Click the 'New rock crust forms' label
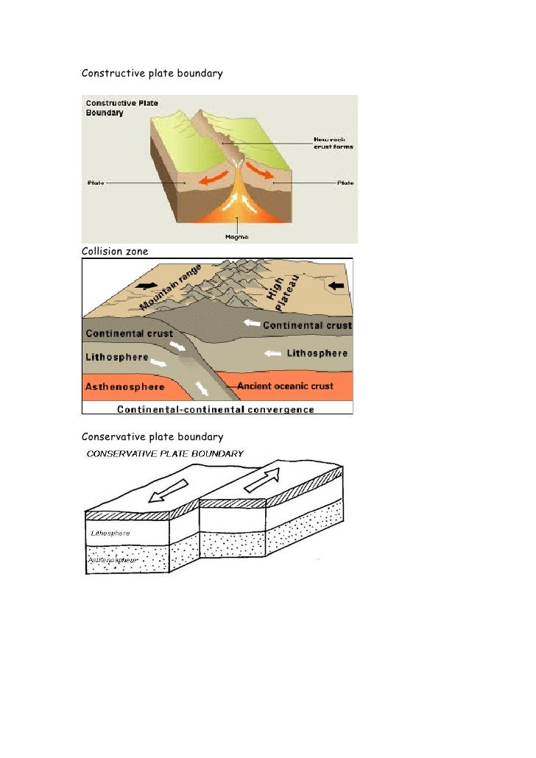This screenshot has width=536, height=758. pyautogui.click(x=334, y=143)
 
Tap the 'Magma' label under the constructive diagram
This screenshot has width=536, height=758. pyautogui.click(x=236, y=237)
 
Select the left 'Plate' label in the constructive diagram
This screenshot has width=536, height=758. pyautogui.click(x=96, y=183)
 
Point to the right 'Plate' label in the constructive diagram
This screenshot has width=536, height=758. pyautogui.click(x=345, y=183)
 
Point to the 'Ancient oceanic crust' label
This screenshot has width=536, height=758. pyautogui.click(x=285, y=386)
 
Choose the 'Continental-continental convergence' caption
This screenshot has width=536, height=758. pyautogui.click(x=215, y=410)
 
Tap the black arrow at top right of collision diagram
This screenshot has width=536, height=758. pyautogui.click(x=335, y=284)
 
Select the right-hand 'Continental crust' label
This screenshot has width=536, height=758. pyautogui.click(x=307, y=325)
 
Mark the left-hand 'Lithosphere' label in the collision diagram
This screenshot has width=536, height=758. pyautogui.click(x=117, y=357)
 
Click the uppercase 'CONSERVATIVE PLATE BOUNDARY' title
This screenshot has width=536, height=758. pyautogui.click(x=165, y=454)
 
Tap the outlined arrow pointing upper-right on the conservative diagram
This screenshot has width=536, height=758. pyautogui.click(x=265, y=477)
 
